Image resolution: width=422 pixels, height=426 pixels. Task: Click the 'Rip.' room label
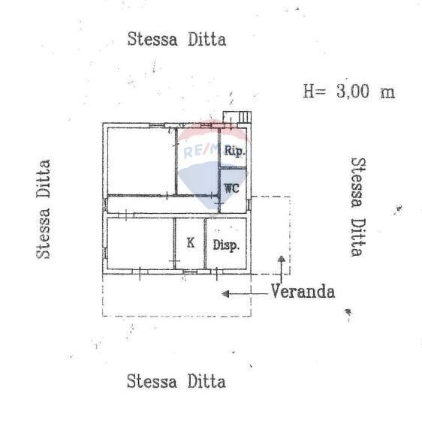[235, 151]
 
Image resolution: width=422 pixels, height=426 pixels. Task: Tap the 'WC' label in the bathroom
[232, 187]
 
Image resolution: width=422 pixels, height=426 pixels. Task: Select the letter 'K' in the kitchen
[191, 242]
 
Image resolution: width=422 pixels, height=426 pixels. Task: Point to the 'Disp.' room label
[225, 244]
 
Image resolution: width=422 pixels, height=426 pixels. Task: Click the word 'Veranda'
[303, 292]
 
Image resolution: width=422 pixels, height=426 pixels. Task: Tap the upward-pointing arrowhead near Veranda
[281, 260]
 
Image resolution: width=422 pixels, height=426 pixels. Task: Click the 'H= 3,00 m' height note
[348, 91]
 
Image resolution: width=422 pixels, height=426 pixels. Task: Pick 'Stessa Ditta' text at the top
[176, 39]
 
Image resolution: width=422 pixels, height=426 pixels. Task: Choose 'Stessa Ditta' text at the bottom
[176, 381]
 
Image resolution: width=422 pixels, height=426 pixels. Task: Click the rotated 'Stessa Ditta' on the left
[44, 208]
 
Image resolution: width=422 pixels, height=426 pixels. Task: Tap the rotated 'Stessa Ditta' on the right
[360, 206]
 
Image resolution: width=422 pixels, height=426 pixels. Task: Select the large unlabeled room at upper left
[141, 160]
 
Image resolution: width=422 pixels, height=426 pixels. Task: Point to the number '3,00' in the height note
[354, 91]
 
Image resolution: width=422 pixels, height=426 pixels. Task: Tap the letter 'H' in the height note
[309, 91]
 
